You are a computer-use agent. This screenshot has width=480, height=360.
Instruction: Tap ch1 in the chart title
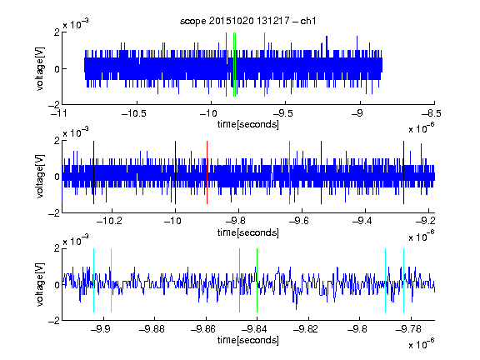(308, 21)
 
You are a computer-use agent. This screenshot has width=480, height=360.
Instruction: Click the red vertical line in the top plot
(226, 65)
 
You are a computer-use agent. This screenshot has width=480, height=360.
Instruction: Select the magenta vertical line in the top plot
(264, 65)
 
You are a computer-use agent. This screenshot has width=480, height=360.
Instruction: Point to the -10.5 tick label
(134, 113)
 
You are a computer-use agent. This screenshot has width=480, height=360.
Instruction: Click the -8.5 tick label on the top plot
(432, 113)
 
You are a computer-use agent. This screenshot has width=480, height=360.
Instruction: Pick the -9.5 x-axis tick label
(282, 113)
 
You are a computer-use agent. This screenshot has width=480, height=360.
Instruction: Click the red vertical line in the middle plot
(207, 172)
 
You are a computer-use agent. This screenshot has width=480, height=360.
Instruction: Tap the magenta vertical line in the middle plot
(290, 172)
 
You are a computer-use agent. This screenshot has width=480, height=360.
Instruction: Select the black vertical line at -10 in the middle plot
(175, 172)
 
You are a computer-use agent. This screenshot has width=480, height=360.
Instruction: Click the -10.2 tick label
(109, 221)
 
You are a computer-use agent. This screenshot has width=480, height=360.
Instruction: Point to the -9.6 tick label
(298, 221)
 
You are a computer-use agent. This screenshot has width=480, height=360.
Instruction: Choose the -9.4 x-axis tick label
(362, 221)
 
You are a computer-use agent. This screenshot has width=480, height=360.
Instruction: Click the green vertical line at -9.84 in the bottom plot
(257, 280)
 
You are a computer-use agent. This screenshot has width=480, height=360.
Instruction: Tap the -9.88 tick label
(152, 329)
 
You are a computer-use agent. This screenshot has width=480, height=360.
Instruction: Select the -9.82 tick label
(306, 329)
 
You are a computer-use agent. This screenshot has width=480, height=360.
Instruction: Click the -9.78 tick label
(408, 329)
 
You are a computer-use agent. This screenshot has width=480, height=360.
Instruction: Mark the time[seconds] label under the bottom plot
(248, 340)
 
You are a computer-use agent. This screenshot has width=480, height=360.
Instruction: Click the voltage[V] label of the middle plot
(40, 177)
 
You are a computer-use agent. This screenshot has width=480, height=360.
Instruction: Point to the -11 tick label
(58, 113)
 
